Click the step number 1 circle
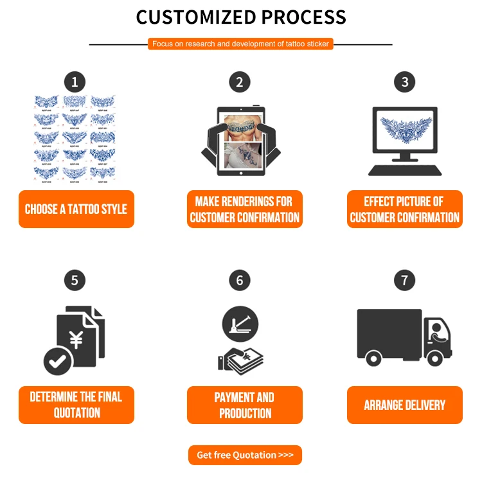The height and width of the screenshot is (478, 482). (75, 82)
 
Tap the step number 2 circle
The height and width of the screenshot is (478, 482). (240, 82)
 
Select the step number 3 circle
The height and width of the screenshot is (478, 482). (404, 82)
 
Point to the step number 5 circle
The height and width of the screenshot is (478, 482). (75, 281)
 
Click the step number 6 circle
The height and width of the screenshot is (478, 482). (240, 281)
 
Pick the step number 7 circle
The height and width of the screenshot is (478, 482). (404, 281)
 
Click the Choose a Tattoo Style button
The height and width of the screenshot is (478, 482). (76, 209)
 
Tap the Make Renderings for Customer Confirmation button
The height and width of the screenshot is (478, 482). (244, 209)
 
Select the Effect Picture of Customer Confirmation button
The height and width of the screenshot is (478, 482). (404, 209)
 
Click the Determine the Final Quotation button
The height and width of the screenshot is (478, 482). (76, 405)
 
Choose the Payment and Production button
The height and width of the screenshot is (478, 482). (244, 405)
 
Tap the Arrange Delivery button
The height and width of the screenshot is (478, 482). (404, 405)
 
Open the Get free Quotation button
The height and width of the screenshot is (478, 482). (245, 455)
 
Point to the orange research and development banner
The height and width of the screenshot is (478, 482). (240, 44)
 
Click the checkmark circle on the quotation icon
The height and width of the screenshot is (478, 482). (58, 360)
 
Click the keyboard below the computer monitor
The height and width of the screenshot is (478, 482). (405, 170)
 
